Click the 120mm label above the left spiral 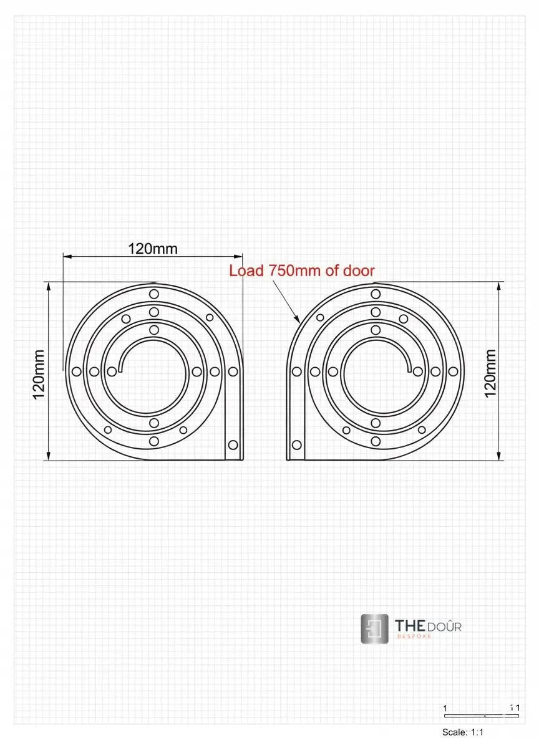[x=153, y=249]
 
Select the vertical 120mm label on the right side [x=490, y=373]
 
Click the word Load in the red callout [x=247, y=271]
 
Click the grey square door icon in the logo [x=374, y=629]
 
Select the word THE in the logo [x=410, y=625]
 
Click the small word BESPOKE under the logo [x=414, y=637]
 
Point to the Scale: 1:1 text [x=463, y=732]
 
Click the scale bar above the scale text [x=480, y=714]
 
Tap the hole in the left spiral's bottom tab [x=233, y=444]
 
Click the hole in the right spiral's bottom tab [x=297, y=444]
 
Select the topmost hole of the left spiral [x=153, y=294]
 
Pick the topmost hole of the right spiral [x=376, y=294]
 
